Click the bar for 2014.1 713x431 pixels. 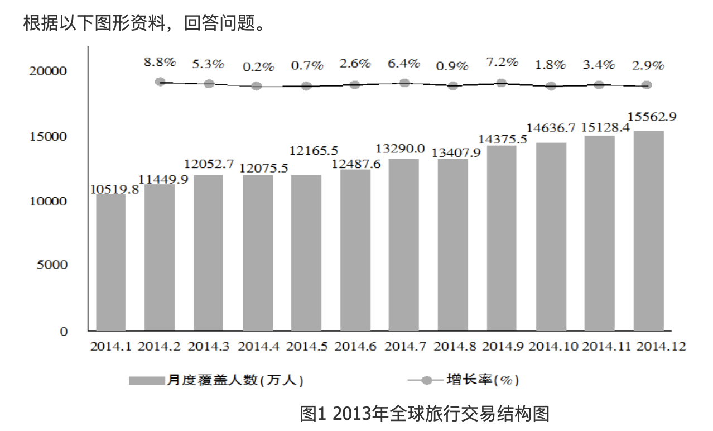110,262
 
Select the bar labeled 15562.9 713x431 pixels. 648,230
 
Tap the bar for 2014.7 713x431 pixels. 403,245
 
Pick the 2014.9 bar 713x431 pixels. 502,238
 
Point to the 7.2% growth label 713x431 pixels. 502,62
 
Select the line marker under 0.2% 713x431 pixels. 257,86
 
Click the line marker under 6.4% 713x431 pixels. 404,83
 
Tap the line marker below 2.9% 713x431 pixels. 647,85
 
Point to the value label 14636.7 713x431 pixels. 551,128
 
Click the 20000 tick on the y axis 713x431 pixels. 48,71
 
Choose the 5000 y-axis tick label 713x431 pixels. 52,265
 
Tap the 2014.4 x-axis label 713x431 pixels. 258,346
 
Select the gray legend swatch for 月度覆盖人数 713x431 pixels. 146,380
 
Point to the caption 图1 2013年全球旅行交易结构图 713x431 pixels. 425,414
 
